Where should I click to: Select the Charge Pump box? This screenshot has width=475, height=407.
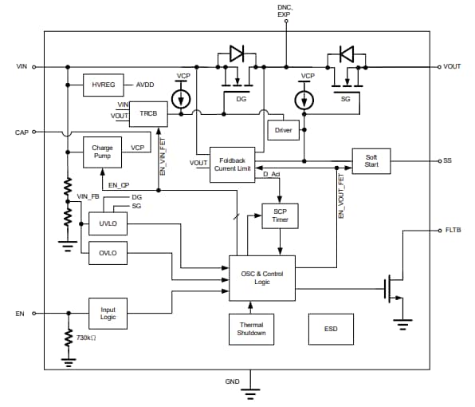pos(102,152)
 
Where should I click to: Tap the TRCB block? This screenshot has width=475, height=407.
pos(147,114)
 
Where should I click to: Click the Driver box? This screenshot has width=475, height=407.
pos(283,129)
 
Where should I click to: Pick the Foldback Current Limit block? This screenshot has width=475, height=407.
pos(232,164)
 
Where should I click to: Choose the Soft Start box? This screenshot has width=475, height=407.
pos(371,160)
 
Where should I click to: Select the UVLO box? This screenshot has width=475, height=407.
pos(108,222)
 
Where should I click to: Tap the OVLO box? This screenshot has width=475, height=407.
pos(108,253)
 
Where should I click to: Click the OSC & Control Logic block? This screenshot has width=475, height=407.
pos(262,278)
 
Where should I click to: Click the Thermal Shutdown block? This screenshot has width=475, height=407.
pos(251,328)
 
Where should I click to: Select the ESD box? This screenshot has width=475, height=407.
pos(331,328)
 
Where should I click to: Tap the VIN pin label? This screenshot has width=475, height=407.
pos(22,67)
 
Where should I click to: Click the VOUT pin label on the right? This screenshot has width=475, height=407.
pos(452,67)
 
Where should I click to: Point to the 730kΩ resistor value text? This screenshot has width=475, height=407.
pos(85,338)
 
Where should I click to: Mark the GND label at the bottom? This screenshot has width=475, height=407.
pos(232,381)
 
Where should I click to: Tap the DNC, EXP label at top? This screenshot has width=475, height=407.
pos(284,10)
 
